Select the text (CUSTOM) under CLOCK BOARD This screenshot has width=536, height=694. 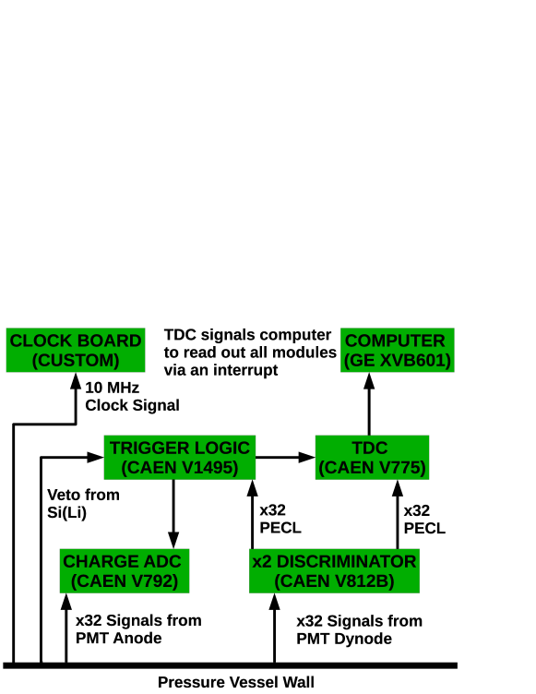click(76, 361)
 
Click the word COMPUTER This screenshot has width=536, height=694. click(395, 341)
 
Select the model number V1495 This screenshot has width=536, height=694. click(209, 468)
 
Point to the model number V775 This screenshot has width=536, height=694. click(400, 468)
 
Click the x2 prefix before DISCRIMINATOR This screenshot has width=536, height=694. click(262, 561)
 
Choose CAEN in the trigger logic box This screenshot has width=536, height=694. click(150, 468)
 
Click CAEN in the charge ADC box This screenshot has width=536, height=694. click(100, 581)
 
